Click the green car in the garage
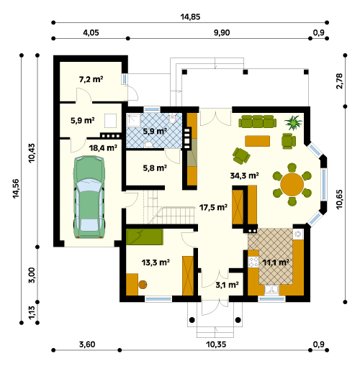pyautogui.click(x=89, y=196)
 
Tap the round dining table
pyautogui.click(x=292, y=184)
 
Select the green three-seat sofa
pyautogui.click(x=257, y=122)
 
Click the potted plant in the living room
pyautogui.click(x=293, y=122)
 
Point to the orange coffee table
pyautogui.click(x=257, y=141)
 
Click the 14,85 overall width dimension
pyautogui.click(x=190, y=17)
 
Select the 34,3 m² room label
pyautogui.click(x=244, y=175)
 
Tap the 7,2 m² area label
pyautogui.click(x=91, y=79)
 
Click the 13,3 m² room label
pyautogui.click(x=156, y=262)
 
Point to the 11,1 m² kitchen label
pyautogui.click(x=276, y=262)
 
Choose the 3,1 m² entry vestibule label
pyautogui.click(x=227, y=285)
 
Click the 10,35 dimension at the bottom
pyautogui.click(x=216, y=344)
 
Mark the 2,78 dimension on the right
pyautogui.click(x=340, y=81)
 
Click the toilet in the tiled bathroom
pyautogui.click(x=172, y=118)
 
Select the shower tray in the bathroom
pyautogui.click(x=133, y=120)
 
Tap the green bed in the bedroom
pyautogui.click(x=145, y=237)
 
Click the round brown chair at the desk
pyautogui.click(x=143, y=285)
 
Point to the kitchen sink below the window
pyautogui.click(x=271, y=290)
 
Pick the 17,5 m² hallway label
pyautogui.click(x=213, y=207)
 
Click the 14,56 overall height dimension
pyautogui.click(x=16, y=188)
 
